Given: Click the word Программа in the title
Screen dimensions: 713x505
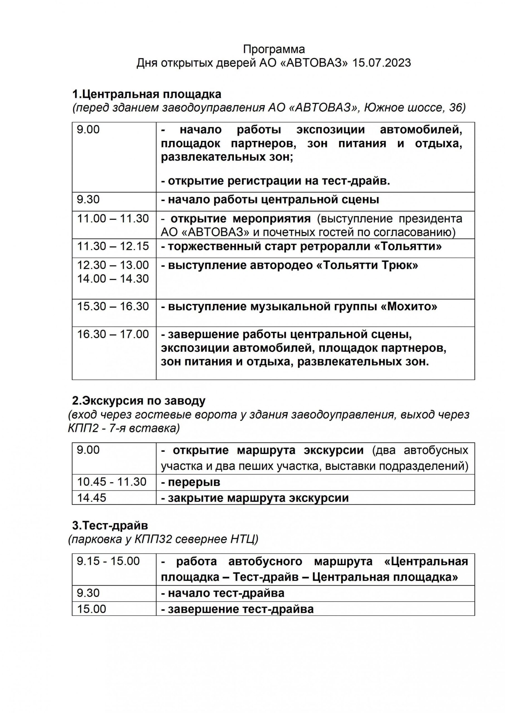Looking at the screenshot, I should [274, 49].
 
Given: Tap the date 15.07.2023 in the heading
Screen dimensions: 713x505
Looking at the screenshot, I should [381, 63].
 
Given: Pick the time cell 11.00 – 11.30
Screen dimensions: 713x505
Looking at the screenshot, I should [113, 219].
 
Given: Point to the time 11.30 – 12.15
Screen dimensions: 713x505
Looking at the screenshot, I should [113, 246].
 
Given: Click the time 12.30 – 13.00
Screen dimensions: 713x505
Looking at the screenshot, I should [113, 265].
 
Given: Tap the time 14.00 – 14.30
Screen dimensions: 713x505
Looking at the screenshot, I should [113, 279].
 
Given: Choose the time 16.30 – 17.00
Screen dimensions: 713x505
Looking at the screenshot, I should [113, 334].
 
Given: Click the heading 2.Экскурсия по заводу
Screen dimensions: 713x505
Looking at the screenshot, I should [139, 401].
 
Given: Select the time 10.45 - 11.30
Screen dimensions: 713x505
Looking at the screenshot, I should [112, 482].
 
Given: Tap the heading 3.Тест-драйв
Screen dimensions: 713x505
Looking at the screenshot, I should [110, 526].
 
